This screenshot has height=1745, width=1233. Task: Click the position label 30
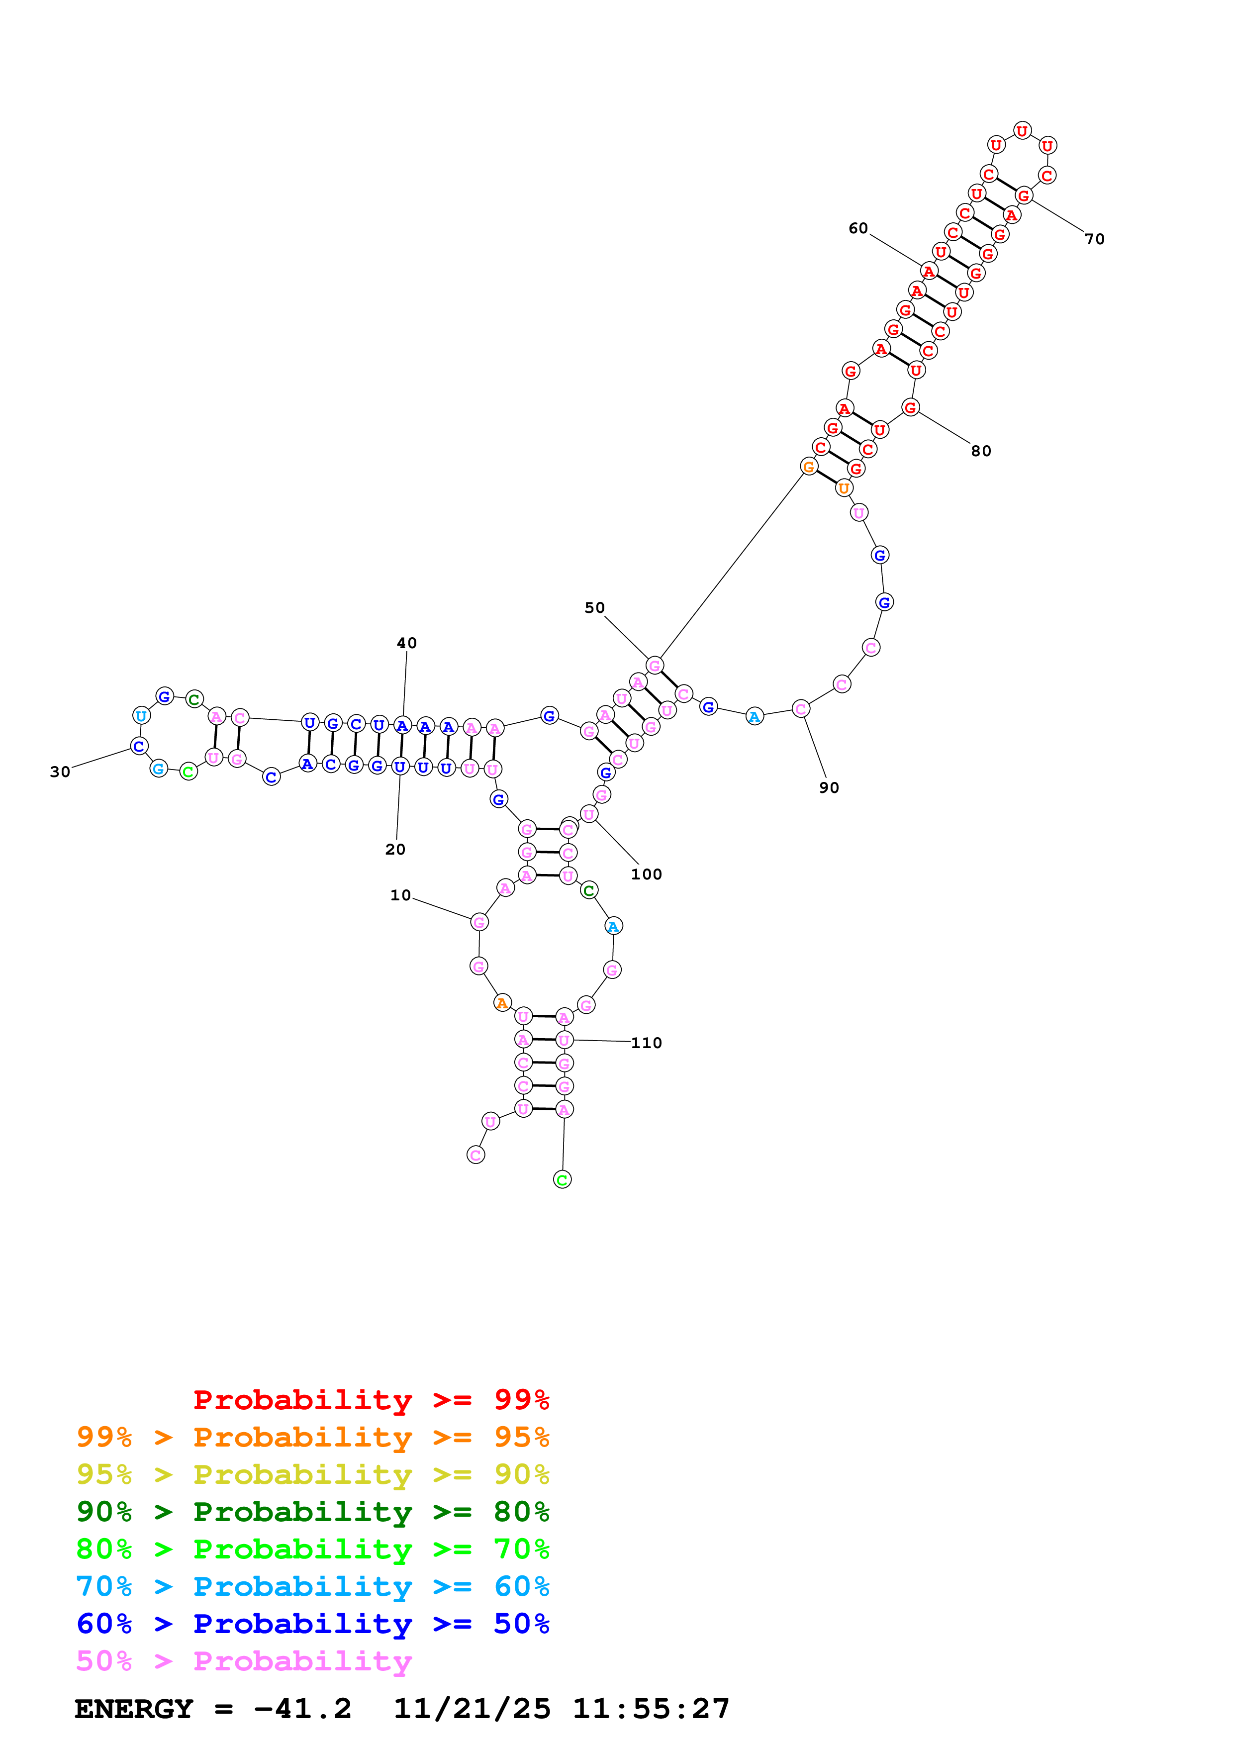pyautogui.click(x=60, y=772)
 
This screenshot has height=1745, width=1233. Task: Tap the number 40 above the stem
pyautogui.click(x=406, y=643)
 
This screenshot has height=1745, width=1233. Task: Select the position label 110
pyautogui.click(x=647, y=1043)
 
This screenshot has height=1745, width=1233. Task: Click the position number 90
pyautogui.click(x=829, y=788)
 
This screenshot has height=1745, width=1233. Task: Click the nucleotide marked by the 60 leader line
pyautogui.click(x=929, y=271)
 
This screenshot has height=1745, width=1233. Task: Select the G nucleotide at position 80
pyautogui.click(x=910, y=407)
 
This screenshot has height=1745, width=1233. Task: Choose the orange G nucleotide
pyautogui.click(x=809, y=467)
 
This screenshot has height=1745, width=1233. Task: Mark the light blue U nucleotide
pyautogui.click(x=141, y=716)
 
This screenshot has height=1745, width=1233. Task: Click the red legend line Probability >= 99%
pyautogui.click(x=371, y=1400)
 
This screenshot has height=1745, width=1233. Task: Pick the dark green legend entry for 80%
pyautogui.click(x=312, y=1512)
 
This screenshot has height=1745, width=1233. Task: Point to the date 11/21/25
pyautogui.click(x=471, y=1709)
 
